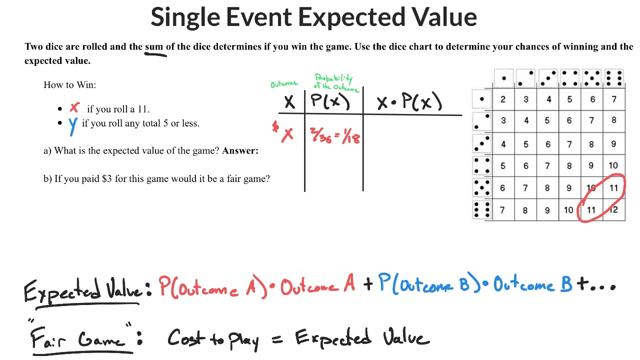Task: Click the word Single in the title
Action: [x=185, y=17]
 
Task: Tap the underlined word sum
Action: [x=154, y=46]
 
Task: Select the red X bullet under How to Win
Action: [x=74, y=107]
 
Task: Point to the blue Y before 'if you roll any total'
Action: [x=73, y=125]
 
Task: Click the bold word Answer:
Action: [x=240, y=150]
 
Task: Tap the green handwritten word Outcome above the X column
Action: [x=284, y=83]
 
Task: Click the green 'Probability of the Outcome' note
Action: [x=335, y=82]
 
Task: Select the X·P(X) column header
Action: [x=409, y=102]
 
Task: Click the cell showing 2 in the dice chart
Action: [x=502, y=99]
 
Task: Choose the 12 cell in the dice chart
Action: [x=613, y=210]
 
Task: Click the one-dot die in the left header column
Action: [x=481, y=99]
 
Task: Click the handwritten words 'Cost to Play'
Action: [x=213, y=339]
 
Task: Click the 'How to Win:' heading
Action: [x=69, y=84]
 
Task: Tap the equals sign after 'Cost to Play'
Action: [x=277, y=338]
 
